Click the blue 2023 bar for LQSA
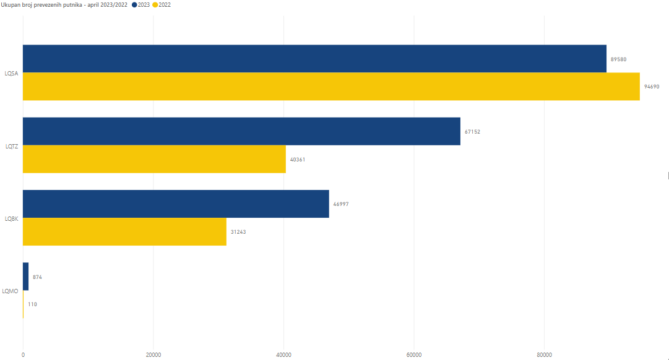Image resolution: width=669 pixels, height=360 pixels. [x=314, y=59]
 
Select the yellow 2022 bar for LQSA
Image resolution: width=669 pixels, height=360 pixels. [x=331, y=87]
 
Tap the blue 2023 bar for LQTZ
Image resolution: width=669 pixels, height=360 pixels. [x=241, y=131]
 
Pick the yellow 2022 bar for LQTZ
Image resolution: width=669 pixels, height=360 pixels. [x=154, y=159]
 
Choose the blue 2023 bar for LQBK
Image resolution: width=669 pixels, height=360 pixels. [x=176, y=204]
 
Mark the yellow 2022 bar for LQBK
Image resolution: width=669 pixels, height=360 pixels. [x=124, y=232]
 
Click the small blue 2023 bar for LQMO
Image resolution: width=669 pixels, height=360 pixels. [x=25, y=276]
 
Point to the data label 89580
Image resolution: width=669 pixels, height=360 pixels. [x=619, y=59]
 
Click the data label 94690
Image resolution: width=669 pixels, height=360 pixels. [x=652, y=87]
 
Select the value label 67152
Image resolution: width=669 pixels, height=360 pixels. [x=472, y=132]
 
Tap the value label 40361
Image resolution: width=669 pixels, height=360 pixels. [x=298, y=160]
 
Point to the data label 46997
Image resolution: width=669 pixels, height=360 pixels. [x=341, y=204]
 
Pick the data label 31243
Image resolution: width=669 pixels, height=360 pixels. [x=238, y=232]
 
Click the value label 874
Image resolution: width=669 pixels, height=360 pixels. [x=37, y=277]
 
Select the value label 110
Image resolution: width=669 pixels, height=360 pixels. [x=32, y=304]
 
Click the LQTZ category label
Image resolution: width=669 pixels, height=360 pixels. [x=11, y=146]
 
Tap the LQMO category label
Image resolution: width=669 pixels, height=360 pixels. [x=11, y=291]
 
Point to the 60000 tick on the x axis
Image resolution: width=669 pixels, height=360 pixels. [x=413, y=354]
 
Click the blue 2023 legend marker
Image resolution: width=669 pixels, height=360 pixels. [x=134, y=5]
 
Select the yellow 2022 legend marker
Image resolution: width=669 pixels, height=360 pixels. [x=155, y=5]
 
